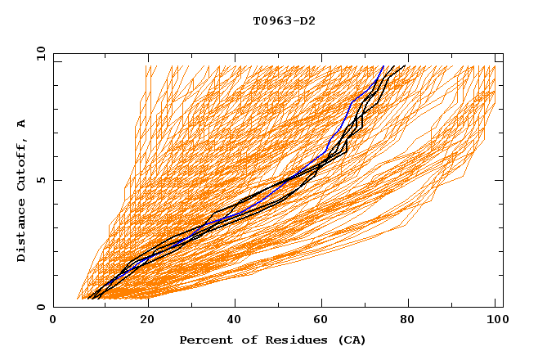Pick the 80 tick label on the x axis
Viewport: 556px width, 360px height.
(407, 320)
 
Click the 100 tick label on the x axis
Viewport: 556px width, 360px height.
(495, 320)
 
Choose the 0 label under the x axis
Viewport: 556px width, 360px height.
(53, 320)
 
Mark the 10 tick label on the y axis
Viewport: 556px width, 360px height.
(40, 53)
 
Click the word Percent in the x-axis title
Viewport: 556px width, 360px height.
(204, 340)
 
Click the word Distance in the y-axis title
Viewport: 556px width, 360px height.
(21, 233)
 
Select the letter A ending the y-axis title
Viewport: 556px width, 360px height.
(21, 124)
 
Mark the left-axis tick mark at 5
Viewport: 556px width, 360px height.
(56, 180)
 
